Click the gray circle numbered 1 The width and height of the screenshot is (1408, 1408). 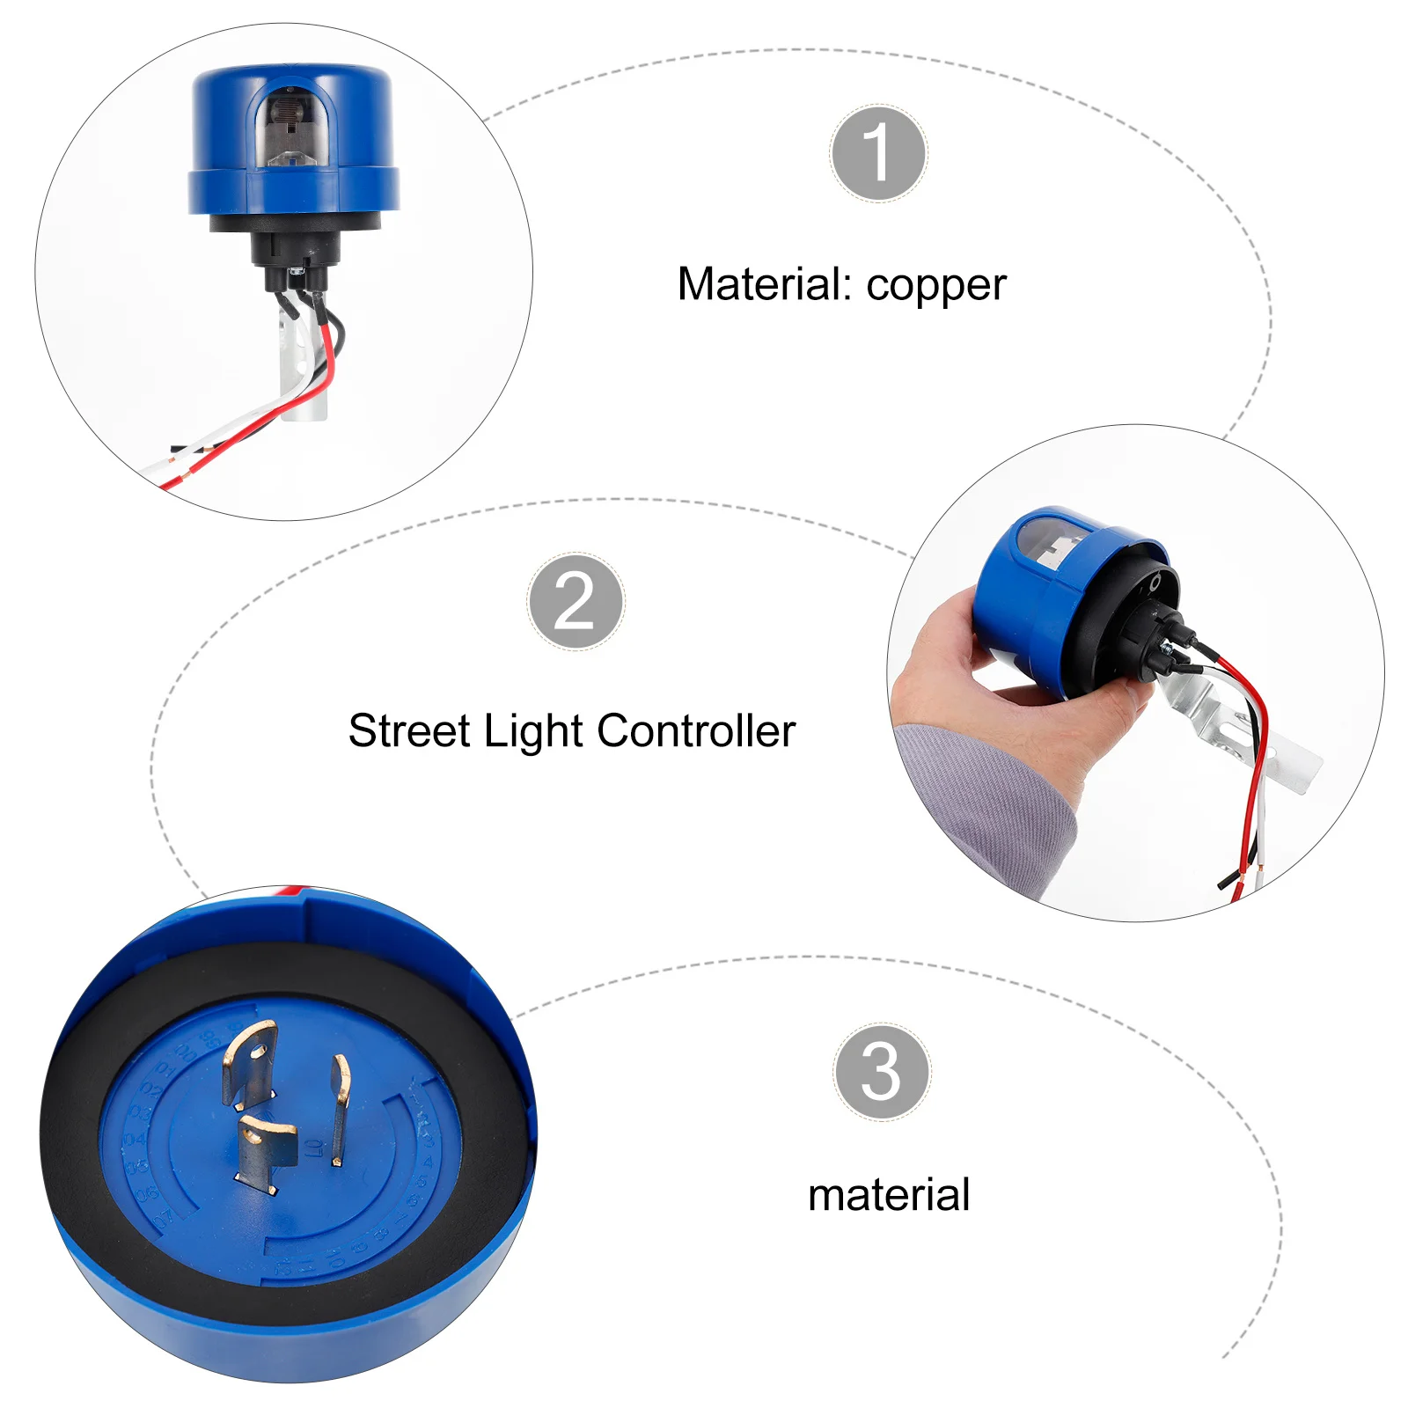pyautogui.click(x=877, y=153)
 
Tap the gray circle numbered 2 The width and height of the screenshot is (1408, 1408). pyautogui.click(x=576, y=602)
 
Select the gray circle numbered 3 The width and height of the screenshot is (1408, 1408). pyautogui.click(x=881, y=1071)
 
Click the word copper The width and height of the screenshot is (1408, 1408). pyautogui.click(x=935, y=286)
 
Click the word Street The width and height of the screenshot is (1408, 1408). pyautogui.click(x=409, y=731)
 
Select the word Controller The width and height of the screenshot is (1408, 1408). pyautogui.click(x=696, y=731)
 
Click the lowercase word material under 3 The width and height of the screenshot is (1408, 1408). pyautogui.click(x=888, y=1195)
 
